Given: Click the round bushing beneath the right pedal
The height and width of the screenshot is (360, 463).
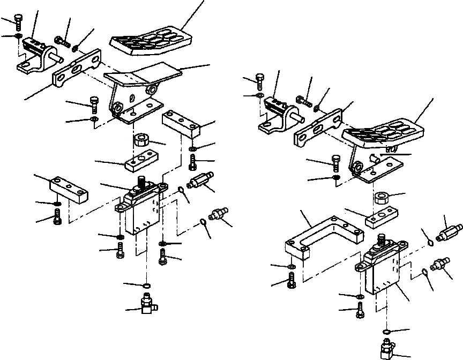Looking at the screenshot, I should click(383, 199).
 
